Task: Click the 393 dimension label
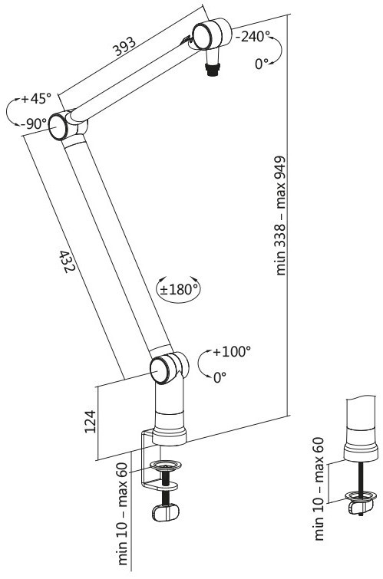click(124, 47)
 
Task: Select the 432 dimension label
click(68, 262)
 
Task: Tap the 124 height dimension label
click(91, 421)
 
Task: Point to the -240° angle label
click(253, 37)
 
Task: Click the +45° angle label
click(36, 99)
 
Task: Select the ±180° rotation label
click(179, 289)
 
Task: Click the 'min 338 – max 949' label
click(281, 215)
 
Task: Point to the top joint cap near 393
click(203, 36)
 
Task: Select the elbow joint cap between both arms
click(58, 127)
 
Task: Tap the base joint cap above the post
click(160, 370)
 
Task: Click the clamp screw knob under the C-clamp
click(165, 512)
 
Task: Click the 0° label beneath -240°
click(262, 64)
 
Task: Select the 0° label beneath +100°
click(220, 377)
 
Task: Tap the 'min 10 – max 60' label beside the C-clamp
click(123, 514)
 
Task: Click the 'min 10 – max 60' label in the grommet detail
click(319, 489)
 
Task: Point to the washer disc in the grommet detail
click(361, 495)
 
